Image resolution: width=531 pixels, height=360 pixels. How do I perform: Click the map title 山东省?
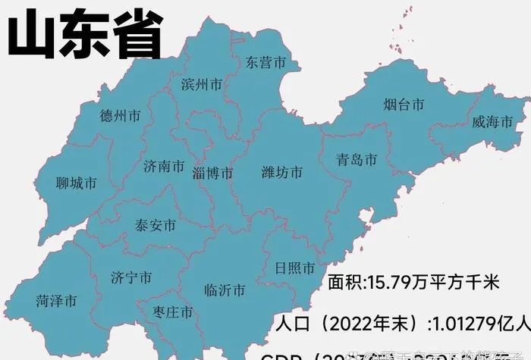84,34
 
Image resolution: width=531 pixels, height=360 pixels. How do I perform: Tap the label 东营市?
265,63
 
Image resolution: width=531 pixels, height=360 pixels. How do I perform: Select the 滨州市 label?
203,84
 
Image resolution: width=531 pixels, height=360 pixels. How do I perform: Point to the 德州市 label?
120,116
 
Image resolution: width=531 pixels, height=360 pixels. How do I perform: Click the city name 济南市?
164,166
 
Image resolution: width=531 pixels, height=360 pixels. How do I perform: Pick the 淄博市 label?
212,173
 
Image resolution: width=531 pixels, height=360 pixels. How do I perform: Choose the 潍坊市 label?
281,172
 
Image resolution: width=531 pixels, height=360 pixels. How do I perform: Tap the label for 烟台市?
403,105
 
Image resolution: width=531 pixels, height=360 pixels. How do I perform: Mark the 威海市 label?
492,121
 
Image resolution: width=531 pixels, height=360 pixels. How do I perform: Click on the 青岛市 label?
357,160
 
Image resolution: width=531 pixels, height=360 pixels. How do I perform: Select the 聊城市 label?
77,183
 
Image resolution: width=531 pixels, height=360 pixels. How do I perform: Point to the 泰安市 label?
156,225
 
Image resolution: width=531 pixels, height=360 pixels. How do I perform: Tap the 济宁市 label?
131,277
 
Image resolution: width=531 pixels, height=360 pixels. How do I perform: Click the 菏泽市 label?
56,301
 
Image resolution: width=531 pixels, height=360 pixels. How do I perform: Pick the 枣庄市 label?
172,311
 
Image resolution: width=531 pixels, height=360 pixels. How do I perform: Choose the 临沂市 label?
225,290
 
